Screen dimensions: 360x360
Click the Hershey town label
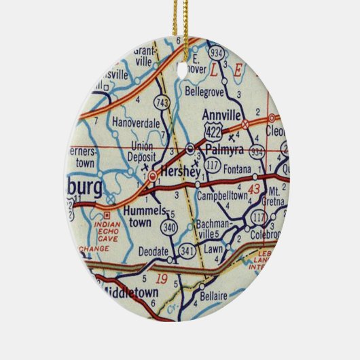[180, 174]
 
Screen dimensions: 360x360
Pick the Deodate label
[152, 251]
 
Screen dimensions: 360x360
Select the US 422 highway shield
[213, 130]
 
